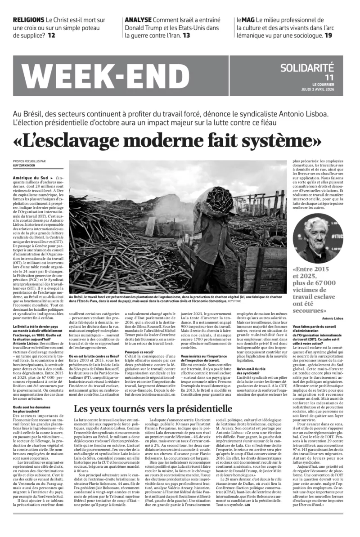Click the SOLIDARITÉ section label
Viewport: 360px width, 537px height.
coord(307,68)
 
